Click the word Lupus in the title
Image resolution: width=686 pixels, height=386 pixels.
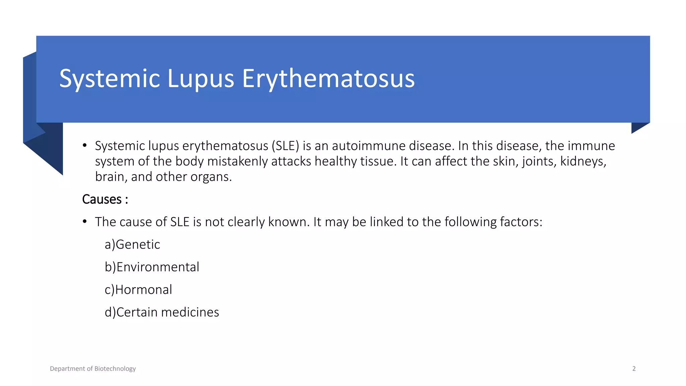(x=200, y=79)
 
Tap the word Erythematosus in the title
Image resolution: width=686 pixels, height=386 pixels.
(x=328, y=79)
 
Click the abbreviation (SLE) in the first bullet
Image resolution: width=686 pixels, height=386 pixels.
(x=285, y=146)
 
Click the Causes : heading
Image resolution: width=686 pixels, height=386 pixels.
(x=105, y=199)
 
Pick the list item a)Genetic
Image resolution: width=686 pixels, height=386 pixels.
(x=132, y=245)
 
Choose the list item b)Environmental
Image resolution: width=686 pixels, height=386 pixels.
(x=152, y=267)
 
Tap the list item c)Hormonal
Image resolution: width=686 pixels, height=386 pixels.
(x=138, y=290)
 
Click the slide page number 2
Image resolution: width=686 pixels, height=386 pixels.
(x=634, y=369)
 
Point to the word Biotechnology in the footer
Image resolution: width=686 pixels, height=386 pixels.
(x=115, y=369)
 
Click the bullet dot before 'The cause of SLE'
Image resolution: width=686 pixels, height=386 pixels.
(x=85, y=221)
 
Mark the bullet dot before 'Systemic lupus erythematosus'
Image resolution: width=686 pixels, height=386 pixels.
(x=85, y=145)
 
